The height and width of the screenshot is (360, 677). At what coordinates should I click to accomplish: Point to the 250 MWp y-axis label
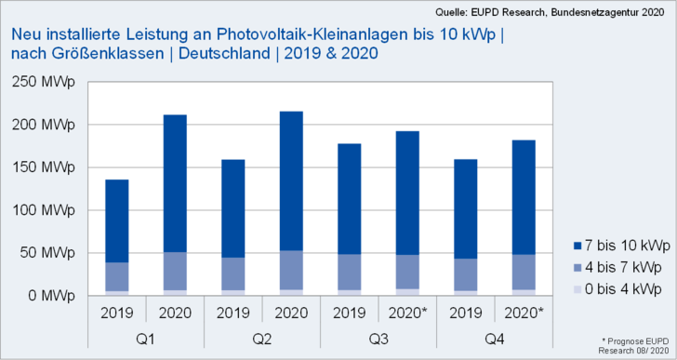pyautogui.click(x=45, y=82)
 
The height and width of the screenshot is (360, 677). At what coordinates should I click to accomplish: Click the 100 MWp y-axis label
pyautogui.click(x=45, y=210)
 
